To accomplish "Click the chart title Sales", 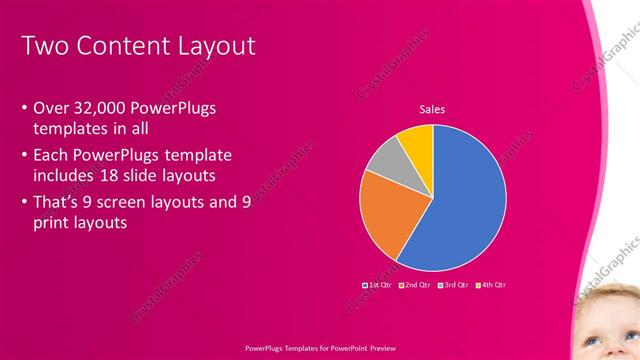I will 432,109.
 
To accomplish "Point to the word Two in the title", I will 43,46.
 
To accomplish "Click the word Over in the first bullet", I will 50,107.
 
